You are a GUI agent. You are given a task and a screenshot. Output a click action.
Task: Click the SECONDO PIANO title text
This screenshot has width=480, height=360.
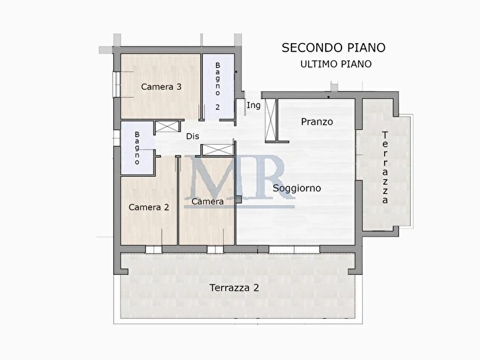click(333, 47)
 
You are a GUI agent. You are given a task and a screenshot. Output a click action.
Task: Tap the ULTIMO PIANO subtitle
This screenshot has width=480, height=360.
click(336, 64)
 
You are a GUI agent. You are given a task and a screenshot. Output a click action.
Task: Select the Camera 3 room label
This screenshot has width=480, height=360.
click(161, 87)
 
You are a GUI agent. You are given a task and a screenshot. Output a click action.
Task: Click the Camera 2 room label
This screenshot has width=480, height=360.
click(149, 206)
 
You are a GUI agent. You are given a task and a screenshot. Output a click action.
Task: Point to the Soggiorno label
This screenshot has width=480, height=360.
click(297, 188)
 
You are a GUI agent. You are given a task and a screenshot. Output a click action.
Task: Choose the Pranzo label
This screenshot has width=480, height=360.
click(317, 122)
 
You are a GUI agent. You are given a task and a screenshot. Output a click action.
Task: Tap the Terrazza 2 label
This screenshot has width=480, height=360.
click(235, 288)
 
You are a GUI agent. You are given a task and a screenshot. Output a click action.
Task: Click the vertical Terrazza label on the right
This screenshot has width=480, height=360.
click(385, 167)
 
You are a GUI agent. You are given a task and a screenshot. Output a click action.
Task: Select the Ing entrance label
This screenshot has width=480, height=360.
click(253, 105)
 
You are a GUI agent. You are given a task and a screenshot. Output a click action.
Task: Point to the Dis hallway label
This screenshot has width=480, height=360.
click(193, 136)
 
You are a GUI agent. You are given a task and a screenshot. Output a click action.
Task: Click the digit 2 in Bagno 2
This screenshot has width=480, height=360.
click(217, 108)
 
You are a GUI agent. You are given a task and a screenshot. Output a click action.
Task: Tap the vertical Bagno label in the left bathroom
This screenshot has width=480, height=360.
click(137, 148)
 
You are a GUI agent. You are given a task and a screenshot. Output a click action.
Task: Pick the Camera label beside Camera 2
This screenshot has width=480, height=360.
click(208, 202)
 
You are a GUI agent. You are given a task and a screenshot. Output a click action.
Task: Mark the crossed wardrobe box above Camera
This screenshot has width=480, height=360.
click(215, 149)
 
